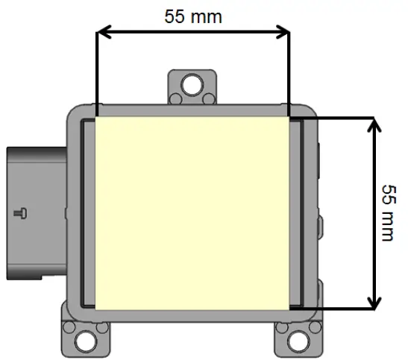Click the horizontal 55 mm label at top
click(x=192, y=16)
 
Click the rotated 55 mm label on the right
click(x=386, y=212)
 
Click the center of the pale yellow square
click(x=192, y=212)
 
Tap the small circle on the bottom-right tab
click(x=283, y=327)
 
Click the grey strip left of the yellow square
click(x=88, y=212)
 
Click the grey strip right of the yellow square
click(x=296, y=212)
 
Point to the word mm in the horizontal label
click(x=207, y=16)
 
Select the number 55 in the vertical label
click(x=386, y=192)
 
